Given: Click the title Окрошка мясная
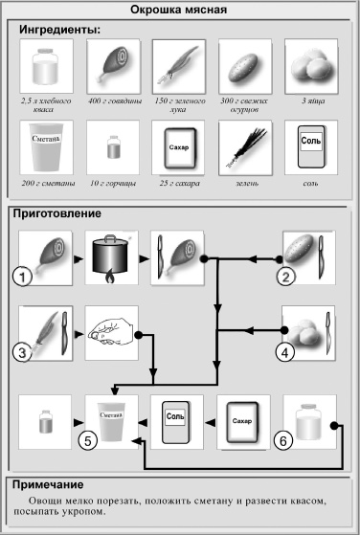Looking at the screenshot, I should click(179, 11).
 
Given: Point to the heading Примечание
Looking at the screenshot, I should click(56, 484).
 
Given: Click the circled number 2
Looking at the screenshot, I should click(283, 278).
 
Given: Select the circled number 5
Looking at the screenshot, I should click(88, 441).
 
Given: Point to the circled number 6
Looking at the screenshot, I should click(281, 441).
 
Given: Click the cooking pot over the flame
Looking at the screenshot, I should click(111, 258).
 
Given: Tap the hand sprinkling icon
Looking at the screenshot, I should click(111, 332).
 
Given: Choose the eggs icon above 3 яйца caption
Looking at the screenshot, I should click(312, 66).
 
